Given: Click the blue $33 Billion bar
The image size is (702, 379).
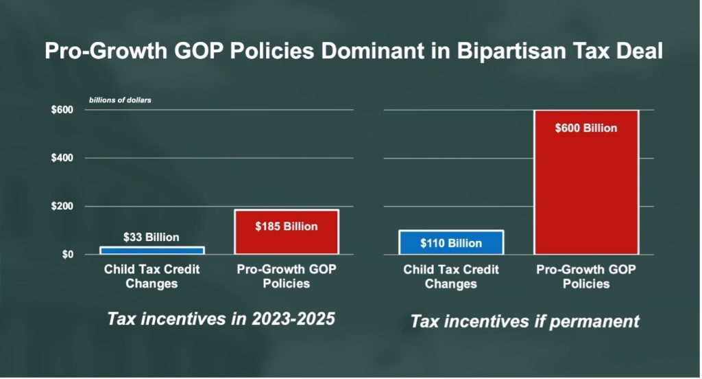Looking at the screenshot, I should [x=152, y=251].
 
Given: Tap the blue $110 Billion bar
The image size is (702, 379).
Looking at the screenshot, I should [x=451, y=242].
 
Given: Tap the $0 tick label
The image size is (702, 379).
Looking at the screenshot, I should [x=67, y=255].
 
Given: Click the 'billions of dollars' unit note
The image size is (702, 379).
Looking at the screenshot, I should [x=120, y=100].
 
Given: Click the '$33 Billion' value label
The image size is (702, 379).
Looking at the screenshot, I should [x=152, y=238].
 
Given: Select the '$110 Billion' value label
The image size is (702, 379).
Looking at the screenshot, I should [x=451, y=243].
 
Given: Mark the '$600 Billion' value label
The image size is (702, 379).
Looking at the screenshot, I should [x=586, y=128].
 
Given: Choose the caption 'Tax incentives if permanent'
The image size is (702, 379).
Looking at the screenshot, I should [x=524, y=321].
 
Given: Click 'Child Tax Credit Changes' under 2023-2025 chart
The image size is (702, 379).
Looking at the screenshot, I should [x=152, y=276].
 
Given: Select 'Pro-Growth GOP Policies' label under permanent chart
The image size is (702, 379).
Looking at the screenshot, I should [x=586, y=276].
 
